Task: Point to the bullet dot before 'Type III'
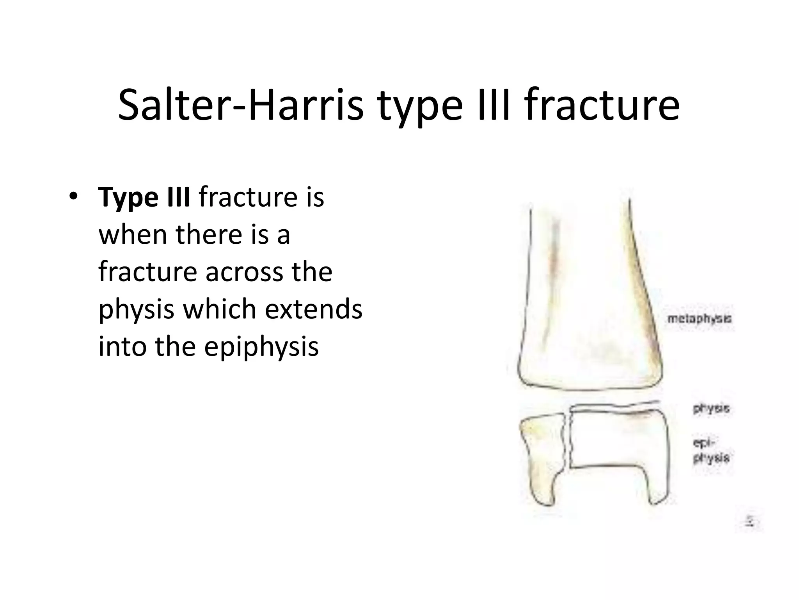(72, 196)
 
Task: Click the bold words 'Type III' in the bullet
(144, 198)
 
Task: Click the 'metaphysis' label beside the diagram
(699, 319)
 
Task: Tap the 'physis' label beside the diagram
(711, 409)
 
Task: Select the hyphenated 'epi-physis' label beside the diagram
(711, 450)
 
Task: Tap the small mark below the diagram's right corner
(749, 522)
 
